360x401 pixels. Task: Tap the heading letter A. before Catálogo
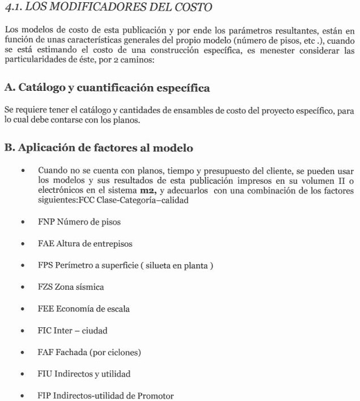(10, 88)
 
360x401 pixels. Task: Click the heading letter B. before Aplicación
(10, 148)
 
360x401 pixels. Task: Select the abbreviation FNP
(46, 222)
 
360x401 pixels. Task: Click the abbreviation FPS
(45, 265)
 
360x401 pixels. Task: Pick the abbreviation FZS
(45, 287)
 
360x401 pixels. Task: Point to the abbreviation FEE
(45, 309)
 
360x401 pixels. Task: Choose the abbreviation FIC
(45, 330)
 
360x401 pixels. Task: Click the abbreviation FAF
(45, 352)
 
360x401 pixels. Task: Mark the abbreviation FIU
(45, 374)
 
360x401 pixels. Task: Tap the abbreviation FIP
(45, 395)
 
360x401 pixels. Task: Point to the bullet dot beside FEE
(22, 309)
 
